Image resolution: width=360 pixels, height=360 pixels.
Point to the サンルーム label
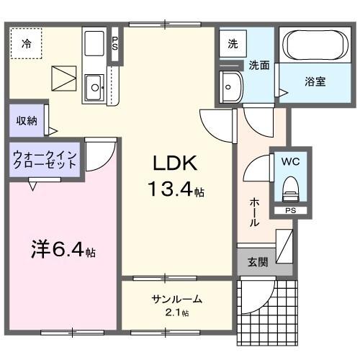point(176,300)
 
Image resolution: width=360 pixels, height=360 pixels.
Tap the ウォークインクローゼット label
point(45,159)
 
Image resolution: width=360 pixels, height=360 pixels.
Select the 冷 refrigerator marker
point(27,44)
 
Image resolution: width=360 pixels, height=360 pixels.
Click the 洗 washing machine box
point(233,43)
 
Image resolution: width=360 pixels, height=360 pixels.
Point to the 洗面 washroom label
point(259,65)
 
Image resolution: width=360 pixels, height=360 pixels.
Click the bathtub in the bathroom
point(315,47)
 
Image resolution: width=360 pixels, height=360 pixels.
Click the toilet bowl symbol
point(290,189)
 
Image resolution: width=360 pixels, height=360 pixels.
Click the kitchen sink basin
point(94,89)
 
